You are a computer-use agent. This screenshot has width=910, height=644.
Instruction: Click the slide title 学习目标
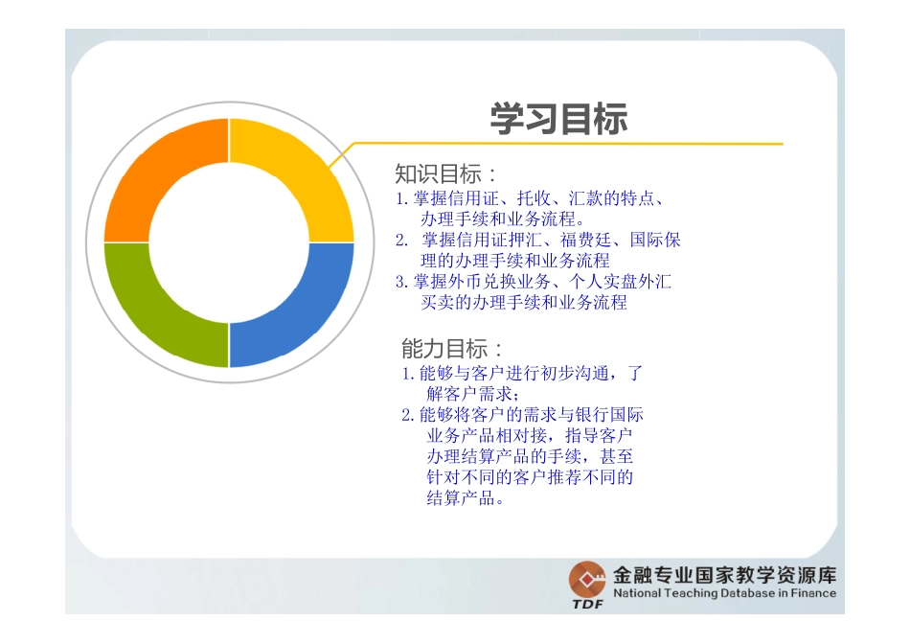coord(558,119)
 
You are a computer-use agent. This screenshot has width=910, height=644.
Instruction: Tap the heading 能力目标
coord(449,348)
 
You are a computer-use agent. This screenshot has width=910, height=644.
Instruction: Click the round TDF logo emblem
coord(586,579)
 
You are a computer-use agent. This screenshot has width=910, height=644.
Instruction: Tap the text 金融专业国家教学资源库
coord(723,575)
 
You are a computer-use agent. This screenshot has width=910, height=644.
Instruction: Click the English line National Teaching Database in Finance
coord(723,593)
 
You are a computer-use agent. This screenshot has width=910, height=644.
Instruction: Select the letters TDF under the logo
coord(587,605)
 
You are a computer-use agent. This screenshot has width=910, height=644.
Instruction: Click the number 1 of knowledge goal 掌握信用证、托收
coord(401,199)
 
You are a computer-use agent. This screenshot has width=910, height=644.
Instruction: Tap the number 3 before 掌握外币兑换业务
coord(401,282)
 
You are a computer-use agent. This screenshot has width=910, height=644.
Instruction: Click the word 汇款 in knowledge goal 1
coord(585,199)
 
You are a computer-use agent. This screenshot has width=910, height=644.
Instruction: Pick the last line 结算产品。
coord(464,497)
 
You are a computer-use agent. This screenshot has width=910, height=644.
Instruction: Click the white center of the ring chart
coord(228,241)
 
